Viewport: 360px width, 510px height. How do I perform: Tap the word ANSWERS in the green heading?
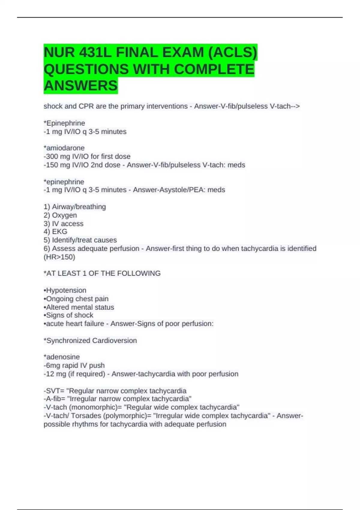coord(81,86)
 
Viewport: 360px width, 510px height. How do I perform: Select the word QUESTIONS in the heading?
coord(86,69)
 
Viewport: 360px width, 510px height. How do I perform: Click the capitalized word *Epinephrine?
coord(64,123)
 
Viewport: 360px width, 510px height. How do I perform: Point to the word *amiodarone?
coord(64,148)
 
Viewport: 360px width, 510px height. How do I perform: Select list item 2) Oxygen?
coord(60,215)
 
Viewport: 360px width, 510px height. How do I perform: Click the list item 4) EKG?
coord(55,232)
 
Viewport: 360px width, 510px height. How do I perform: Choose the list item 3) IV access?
coord(64,223)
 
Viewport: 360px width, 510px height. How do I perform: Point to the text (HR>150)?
coord(59,257)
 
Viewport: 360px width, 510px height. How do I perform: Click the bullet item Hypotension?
coord(65,290)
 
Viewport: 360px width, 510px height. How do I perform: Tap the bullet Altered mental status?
coord(79,307)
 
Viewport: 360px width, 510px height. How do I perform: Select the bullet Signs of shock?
coord(69,315)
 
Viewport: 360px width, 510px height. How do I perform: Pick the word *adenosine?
coord(62,357)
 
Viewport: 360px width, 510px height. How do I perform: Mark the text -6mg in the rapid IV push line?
coord(52,365)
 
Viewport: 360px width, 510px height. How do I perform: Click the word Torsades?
coord(86,416)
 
